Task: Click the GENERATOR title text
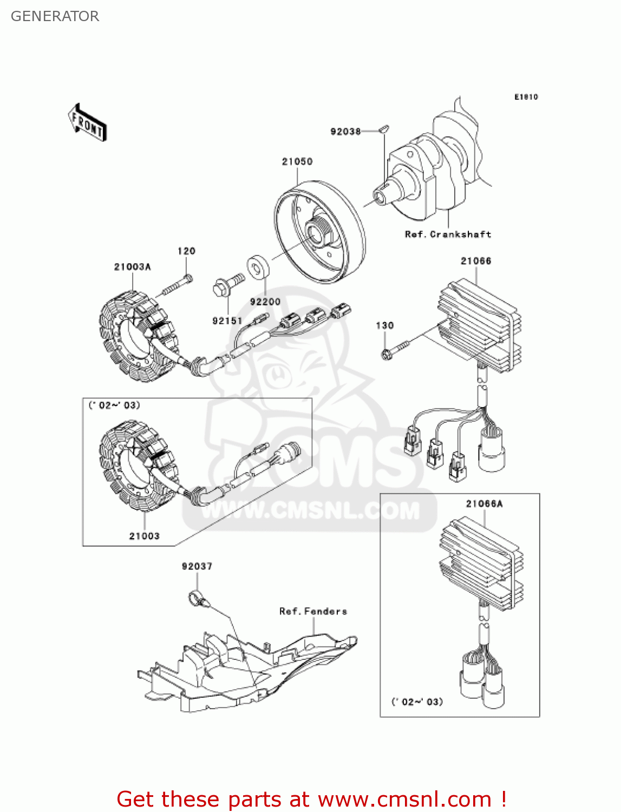pos(55,16)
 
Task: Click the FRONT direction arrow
pos(87,123)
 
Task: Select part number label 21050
pos(297,161)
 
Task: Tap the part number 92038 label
pos(345,132)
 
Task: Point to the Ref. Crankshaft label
pos(448,234)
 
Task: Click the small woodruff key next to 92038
pos(383,129)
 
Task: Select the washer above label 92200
pos(258,267)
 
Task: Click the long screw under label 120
pos(174,285)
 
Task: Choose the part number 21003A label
pos(132,267)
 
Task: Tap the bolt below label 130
pos(394,349)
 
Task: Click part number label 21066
pos(476,261)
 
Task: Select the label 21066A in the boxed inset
pos(484,504)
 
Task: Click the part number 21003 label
pos(144,536)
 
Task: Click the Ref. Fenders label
pos(313,611)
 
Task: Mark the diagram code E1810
pos(526,97)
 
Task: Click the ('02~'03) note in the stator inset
pos(114,405)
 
